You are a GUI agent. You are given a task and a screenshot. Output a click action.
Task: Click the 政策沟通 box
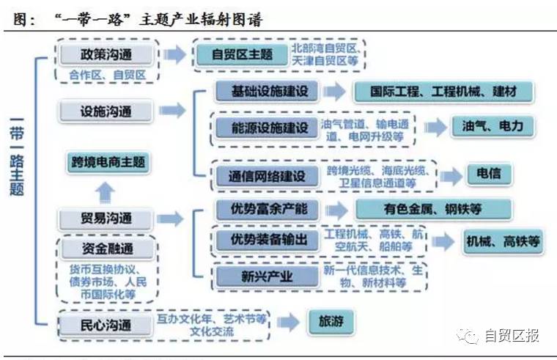pyautogui.click(x=108, y=54)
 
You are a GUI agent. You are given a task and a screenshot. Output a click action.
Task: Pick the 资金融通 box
pyautogui.click(x=107, y=247)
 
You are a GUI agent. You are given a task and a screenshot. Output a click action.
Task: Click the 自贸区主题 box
pyautogui.click(x=242, y=54)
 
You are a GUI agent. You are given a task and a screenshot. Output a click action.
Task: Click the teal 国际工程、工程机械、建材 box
pyautogui.click(x=443, y=92)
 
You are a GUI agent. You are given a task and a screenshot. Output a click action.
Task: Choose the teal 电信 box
pyautogui.click(x=488, y=175)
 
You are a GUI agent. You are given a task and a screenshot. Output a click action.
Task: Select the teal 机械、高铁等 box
pyautogui.click(x=503, y=241)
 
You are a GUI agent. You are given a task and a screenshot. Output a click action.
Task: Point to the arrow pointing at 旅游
pyautogui.click(x=289, y=322)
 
